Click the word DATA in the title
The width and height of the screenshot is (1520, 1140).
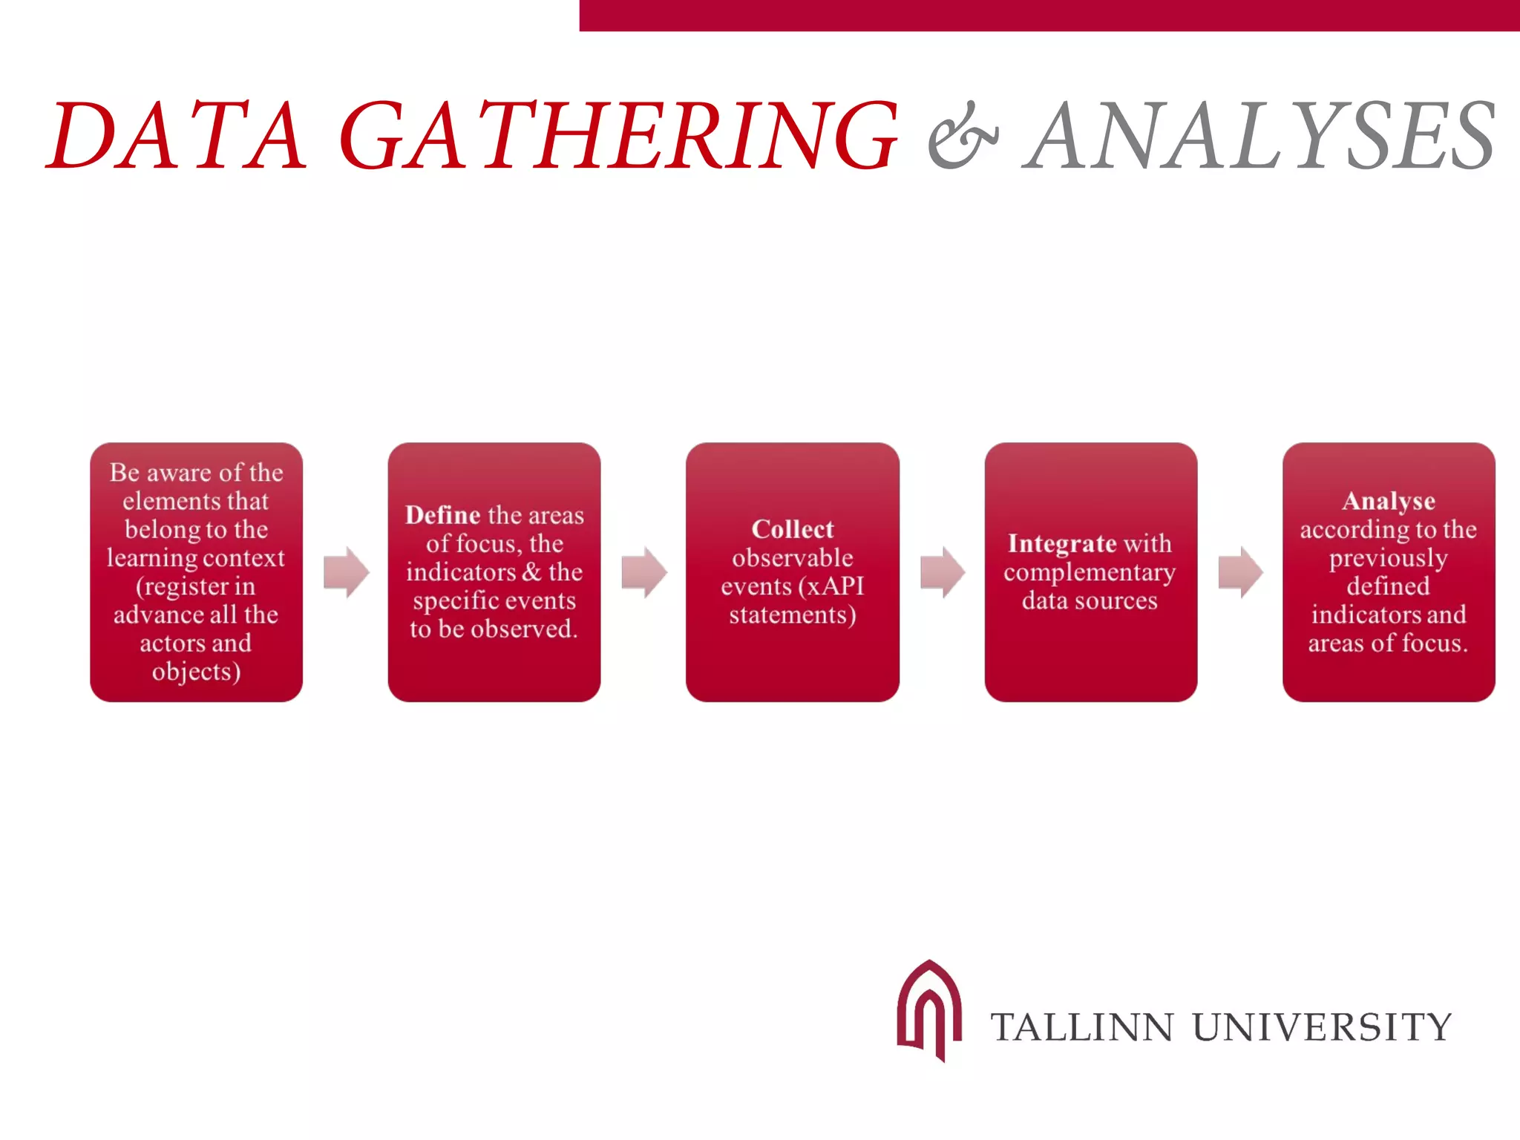[177, 135]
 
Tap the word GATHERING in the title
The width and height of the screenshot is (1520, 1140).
[618, 135]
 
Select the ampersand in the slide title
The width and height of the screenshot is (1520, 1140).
[963, 137]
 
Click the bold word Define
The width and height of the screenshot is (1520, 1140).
[442, 515]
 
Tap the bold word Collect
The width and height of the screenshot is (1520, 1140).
[793, 529]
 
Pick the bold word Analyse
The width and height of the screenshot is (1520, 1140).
[1388, 501]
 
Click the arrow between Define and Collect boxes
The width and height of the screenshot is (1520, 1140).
[644, 572]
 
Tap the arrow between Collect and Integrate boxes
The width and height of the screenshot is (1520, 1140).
[943, 572]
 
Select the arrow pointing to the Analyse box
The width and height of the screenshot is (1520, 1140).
[1240, 572]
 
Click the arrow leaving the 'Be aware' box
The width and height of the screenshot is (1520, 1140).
[347, 572]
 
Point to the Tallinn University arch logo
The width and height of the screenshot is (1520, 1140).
[929, 1009]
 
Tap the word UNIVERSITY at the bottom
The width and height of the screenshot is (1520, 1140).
[1321, 1027]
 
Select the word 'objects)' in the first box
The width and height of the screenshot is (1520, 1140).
[196, 672]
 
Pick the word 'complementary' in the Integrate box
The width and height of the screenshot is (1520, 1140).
[1090, 572]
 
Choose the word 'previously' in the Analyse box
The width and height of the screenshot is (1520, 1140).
[1388, 558]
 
